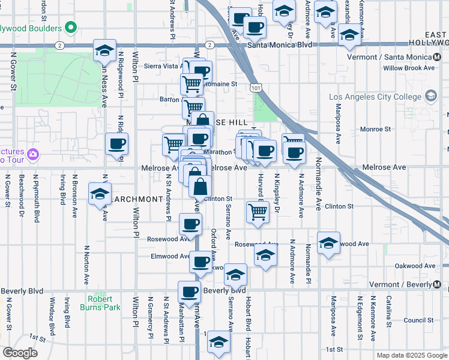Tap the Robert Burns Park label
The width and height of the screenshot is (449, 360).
100,303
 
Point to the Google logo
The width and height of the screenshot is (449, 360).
20,353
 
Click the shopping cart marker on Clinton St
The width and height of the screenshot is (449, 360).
257,211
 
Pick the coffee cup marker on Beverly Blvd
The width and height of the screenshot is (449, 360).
190,292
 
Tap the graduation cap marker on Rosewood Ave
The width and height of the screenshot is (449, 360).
328,243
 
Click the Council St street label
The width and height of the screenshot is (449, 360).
414,320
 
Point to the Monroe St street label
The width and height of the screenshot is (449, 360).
375,129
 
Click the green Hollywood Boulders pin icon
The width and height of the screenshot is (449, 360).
71,28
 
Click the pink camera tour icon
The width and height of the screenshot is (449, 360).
33,155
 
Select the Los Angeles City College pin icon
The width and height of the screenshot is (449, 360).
430,97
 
